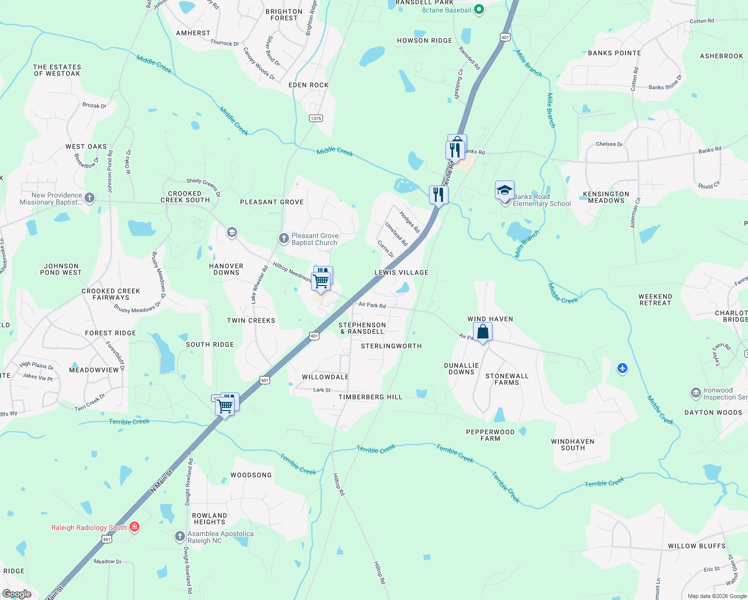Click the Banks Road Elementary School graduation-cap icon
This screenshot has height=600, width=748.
pos(504,191)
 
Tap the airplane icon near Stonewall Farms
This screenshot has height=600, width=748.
pos(622,368)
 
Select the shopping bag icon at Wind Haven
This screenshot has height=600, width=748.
pos(482,332)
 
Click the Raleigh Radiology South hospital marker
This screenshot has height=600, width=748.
pos(134,527)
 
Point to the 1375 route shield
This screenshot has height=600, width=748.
pos(316,118)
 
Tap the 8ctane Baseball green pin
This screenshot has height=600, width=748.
pos(478,9)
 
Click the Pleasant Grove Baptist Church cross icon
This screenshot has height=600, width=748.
pos(284,238)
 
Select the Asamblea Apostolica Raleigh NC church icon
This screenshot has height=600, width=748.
pos(180,536)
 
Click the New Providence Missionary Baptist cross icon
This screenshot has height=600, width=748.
pos(89,198)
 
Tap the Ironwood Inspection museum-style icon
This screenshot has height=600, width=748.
pos(696,393)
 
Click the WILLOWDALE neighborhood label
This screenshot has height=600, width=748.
pos(325,377)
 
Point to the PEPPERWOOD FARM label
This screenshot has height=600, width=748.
pos(490,435)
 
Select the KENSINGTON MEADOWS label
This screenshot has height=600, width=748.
pos(606,197)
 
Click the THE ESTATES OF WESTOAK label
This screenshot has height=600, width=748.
pos(57,70)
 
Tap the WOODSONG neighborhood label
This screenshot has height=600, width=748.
pos(251,475)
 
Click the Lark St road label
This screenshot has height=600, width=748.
pos(322,390)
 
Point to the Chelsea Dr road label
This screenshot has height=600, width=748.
pos(609,144)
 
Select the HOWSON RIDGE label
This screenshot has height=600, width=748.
pos(424,40)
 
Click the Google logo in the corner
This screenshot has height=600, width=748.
pos(17,594)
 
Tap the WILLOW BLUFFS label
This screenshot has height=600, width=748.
pos(696,546)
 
